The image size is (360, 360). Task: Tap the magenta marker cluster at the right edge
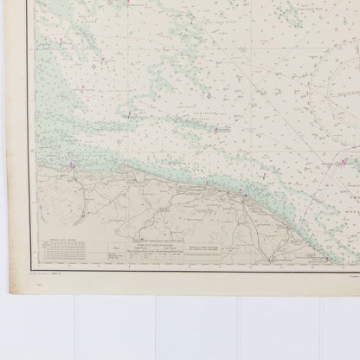[346, 159]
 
